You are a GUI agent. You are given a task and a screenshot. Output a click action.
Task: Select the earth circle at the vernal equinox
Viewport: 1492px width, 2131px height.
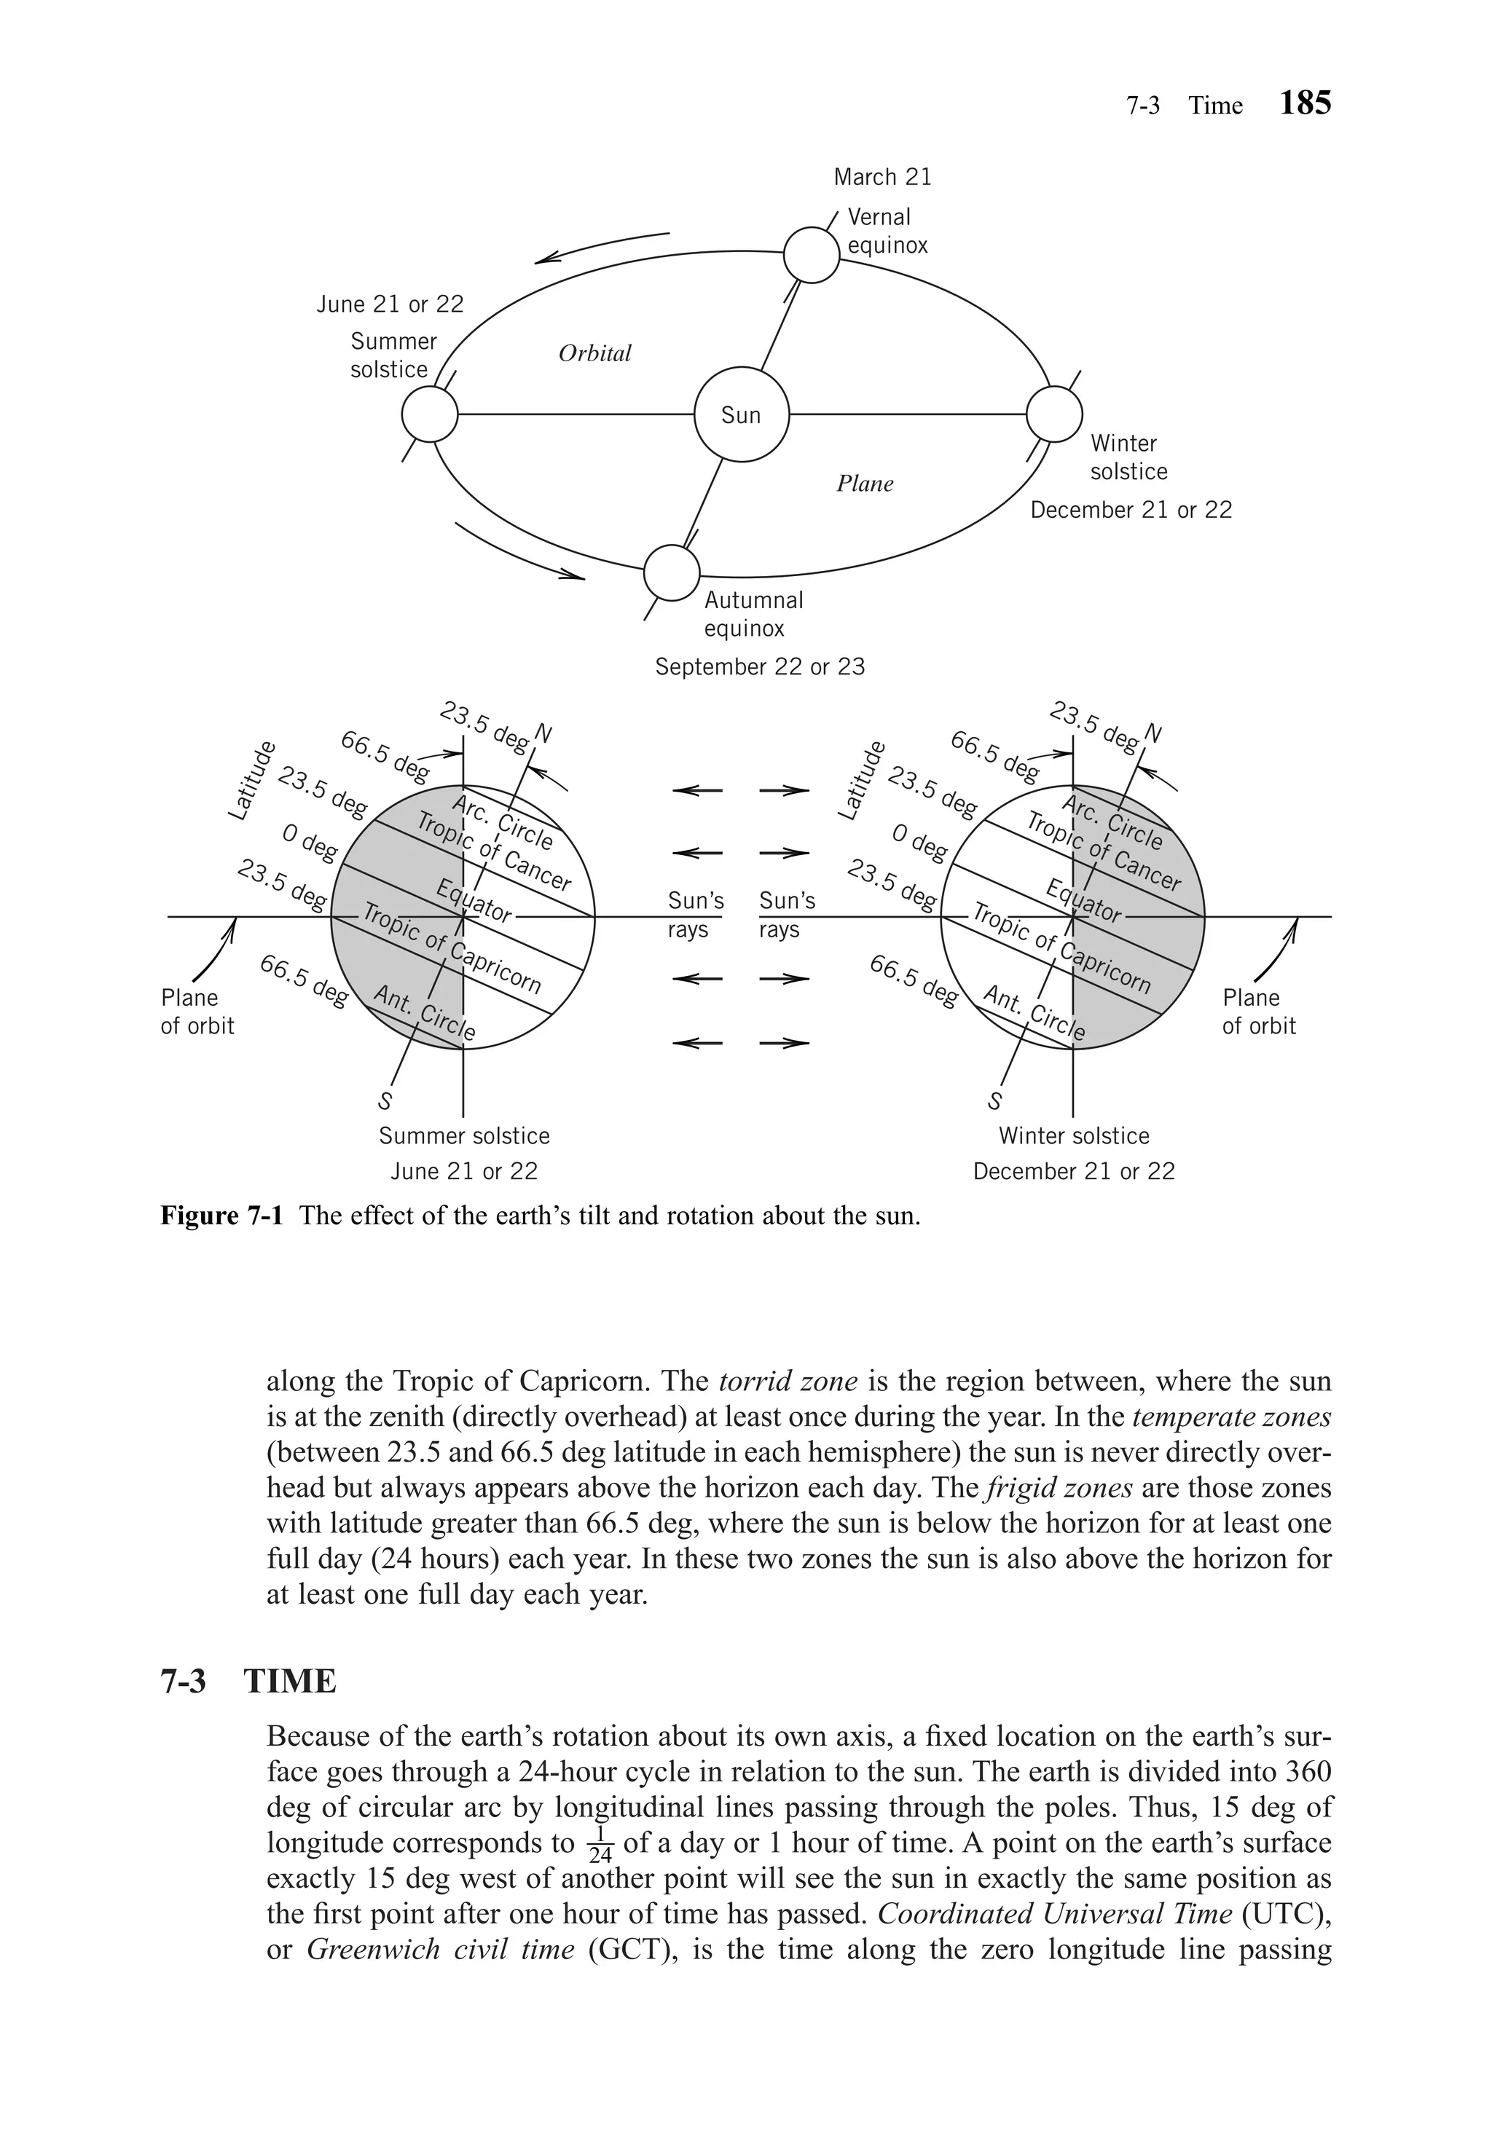[x=812, y=255]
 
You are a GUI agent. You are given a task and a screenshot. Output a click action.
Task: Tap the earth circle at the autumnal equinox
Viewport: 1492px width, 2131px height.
[x=671, y=572]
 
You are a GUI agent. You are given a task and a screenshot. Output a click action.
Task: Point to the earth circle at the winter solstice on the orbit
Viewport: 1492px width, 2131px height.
[x=1053, y=414]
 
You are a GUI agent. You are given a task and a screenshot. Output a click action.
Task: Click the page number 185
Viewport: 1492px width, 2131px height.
[x=1305, y=103]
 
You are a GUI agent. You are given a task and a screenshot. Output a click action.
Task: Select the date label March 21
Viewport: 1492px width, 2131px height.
[x=882, y=176]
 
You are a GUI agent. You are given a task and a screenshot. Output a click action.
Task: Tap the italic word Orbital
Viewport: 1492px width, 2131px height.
[x=594, y=352]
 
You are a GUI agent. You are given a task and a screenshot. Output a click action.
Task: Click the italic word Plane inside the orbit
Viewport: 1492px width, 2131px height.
[x=864, y=484]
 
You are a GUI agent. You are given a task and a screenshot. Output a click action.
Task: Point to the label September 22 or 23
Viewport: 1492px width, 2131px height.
[x=759, y=666]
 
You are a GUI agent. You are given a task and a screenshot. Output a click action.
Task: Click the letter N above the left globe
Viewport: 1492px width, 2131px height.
[x=543, y=735]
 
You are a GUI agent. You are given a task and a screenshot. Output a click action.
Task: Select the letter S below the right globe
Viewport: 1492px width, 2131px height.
[x=995, y=1102]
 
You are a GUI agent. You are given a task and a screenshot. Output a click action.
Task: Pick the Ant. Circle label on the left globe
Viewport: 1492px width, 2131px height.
[x=424, y=1014]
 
